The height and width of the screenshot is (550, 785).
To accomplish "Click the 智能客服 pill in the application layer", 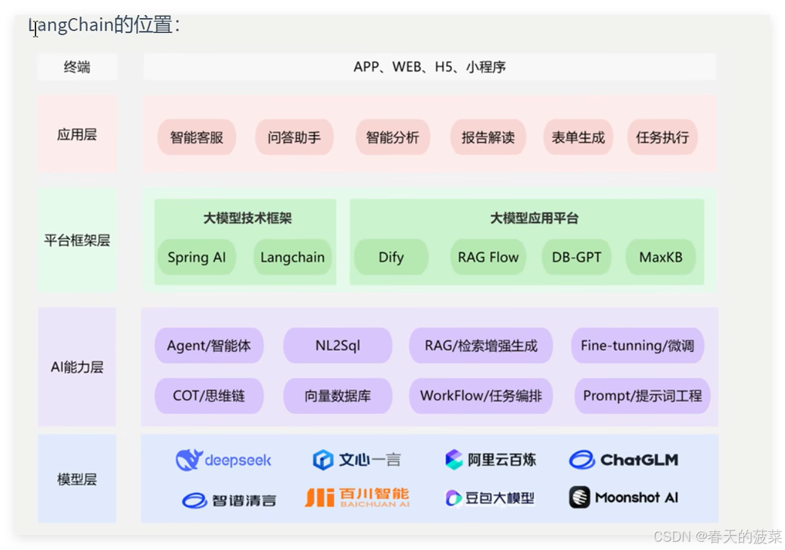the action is click(x=197, y=137).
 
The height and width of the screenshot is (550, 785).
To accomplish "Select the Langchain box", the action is click(x=292, y=257).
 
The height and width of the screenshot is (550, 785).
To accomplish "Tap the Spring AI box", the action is click(x=196, y=257).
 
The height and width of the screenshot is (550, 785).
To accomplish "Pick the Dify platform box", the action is click(x=391, y=257).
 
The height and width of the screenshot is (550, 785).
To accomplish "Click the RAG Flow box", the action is click(x=488, y=257).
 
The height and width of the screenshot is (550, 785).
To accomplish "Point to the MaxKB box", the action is click(x=661, y=257).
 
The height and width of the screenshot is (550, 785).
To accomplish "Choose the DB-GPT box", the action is click(x=577, y=257).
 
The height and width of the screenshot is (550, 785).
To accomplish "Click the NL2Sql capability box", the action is click(x=338, y=346).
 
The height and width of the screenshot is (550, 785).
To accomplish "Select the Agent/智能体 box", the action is click(x=209, y=346).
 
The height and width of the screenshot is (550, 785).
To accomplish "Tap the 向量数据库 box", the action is click(x=338, y=395).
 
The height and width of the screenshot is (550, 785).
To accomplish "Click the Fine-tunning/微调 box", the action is click(x=637, y=346).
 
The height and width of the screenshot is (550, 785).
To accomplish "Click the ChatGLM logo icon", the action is click(x=581, y=459).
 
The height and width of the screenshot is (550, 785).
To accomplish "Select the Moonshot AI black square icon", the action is click(x=579, y=497).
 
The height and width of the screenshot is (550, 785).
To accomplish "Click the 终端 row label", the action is click(x=77, y=67).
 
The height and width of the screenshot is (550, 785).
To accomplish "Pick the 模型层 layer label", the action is click(x=77, y=479).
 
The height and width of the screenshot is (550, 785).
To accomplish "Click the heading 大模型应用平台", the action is click(x=534, y=219).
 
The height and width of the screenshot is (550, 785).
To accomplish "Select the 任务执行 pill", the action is click(x=662, y=137).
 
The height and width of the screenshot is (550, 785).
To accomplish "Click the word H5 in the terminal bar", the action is click(x=444, y=67).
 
